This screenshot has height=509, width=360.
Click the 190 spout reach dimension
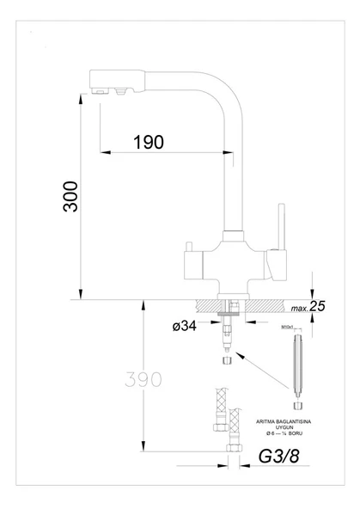click(x=149, y=142)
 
